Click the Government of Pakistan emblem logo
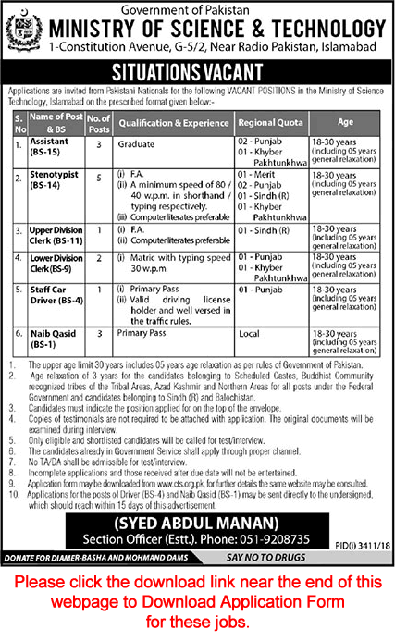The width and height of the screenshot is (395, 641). [x=25, y=31]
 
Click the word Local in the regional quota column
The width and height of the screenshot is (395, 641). [x=250, y=334]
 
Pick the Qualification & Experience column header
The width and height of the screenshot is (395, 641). [x=172, y=121]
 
